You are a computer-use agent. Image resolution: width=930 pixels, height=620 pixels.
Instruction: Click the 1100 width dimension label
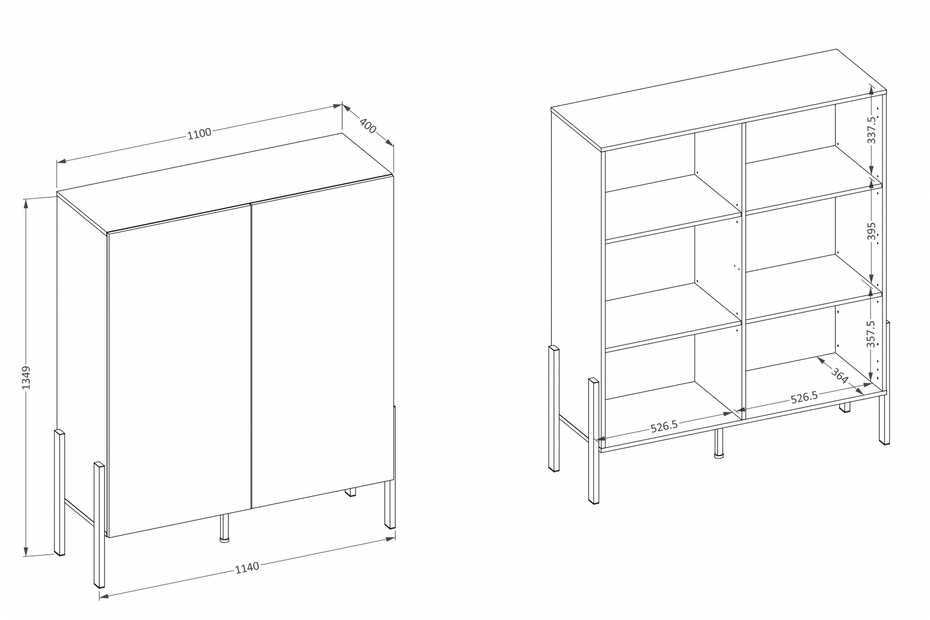(199, 134)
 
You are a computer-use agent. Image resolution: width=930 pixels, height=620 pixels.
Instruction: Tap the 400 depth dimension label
(368, 126)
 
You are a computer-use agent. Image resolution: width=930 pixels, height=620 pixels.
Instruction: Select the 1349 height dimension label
(26, 377)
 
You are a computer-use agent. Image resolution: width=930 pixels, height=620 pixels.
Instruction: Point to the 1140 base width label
(247, 568)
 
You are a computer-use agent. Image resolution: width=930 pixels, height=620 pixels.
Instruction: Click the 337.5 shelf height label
(871, 130)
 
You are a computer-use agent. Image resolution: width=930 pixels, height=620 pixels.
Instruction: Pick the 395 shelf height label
(871, 231)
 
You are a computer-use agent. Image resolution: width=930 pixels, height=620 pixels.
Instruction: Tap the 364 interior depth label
(839, 375)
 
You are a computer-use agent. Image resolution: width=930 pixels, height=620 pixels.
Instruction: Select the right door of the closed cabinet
(323, 342)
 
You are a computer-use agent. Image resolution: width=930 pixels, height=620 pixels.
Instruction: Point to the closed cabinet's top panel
(225, 183)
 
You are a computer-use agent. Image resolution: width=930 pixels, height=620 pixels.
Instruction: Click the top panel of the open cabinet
(719, 100)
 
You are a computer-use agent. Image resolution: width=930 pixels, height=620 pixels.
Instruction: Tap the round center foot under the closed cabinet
(224, 528)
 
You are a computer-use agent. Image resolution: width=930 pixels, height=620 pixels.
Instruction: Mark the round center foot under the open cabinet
(719, 444)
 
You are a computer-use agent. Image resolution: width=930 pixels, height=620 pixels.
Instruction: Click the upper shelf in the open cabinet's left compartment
(673, 208)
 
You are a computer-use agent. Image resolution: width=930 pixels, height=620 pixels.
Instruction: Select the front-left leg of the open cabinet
(594, 441)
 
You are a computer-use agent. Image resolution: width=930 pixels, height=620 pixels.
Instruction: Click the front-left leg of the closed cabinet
(99, 525)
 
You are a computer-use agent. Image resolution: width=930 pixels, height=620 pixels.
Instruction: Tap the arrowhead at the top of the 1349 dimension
(26, 203)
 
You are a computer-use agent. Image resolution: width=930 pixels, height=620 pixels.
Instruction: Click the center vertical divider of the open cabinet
(744, 271)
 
